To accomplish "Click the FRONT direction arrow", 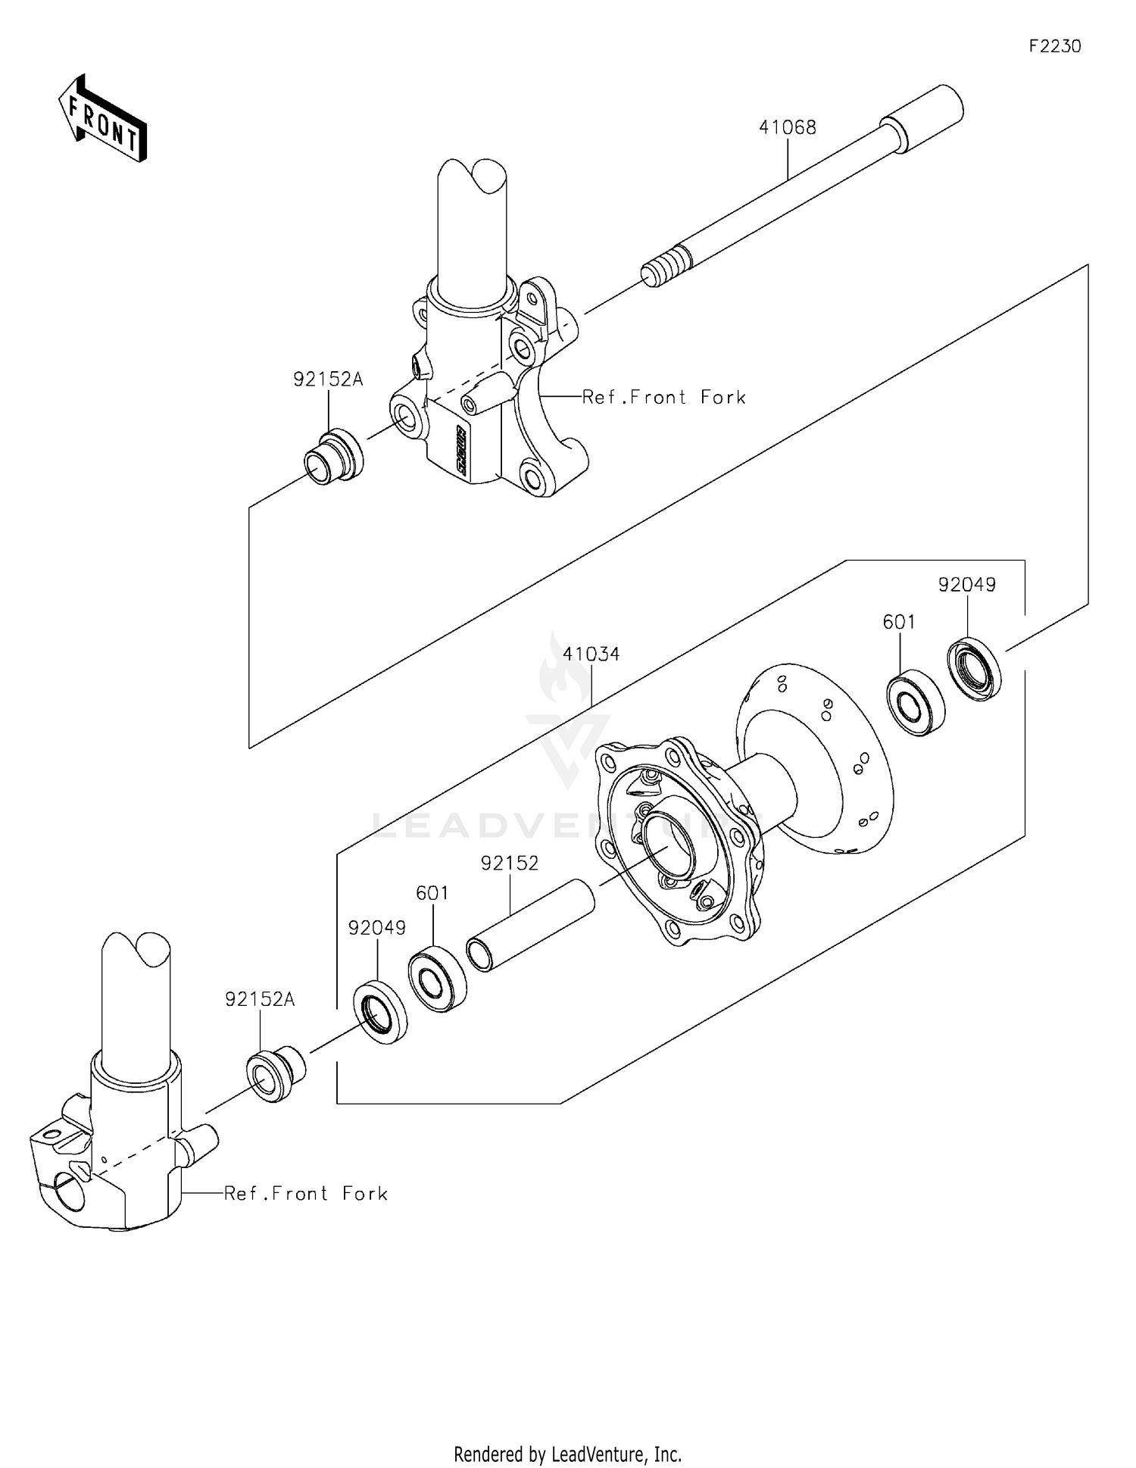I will click(102, 119).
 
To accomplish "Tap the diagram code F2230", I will click(1054, 46).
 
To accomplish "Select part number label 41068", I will click(788, 127).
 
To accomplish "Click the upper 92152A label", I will click(328, 379).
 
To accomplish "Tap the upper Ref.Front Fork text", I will click(664, 398).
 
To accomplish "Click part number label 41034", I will click(591, 654).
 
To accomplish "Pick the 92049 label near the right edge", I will click(967, 585).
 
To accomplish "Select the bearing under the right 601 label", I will click(916, 703).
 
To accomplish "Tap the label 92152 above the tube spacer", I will click(510, 864).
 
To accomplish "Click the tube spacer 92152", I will click(530, 924).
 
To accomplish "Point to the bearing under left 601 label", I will click(437, 978).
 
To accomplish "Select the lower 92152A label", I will click(260, 1000).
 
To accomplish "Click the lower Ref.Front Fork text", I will click(306, 1194).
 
